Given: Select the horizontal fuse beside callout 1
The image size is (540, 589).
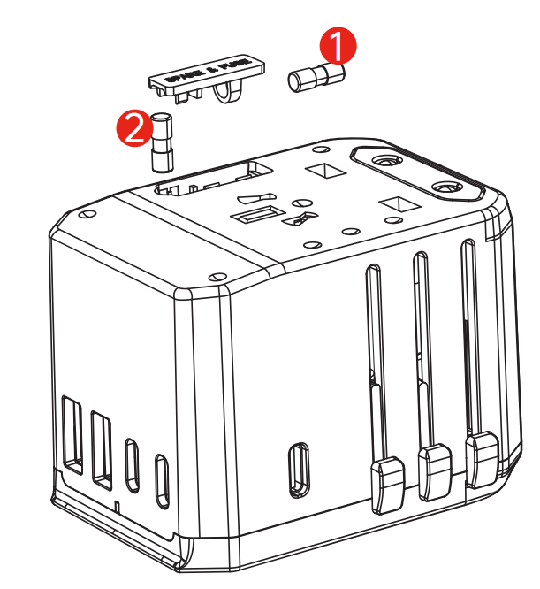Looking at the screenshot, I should tap(315, 78).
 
